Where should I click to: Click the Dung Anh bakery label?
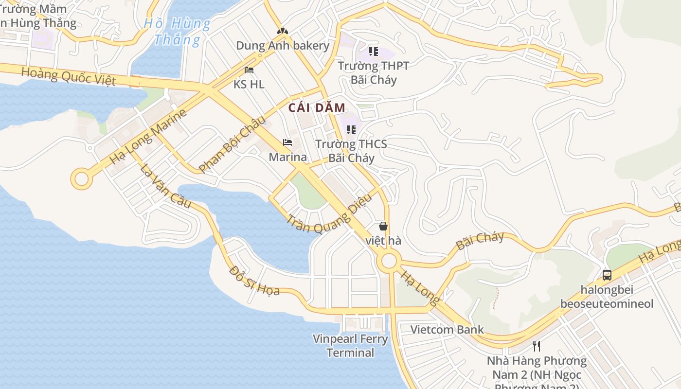point(283,46)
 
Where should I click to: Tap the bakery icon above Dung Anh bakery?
point(283,31)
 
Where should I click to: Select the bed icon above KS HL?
point(249,70)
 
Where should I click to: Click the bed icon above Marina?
point(287,142)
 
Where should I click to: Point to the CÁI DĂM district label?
point(317,108)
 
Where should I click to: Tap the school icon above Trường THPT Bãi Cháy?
point(373,51)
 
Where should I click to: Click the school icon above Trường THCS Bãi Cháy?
point(351,129)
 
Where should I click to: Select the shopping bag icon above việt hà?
point(383,226)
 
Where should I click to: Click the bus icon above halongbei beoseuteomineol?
point(607,275)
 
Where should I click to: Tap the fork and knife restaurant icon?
point(537,346)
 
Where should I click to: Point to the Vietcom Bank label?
point(447,330)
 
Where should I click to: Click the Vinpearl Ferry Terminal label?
point(350,346)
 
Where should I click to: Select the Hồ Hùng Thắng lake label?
point(178,31)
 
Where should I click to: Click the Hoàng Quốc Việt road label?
point(69,77)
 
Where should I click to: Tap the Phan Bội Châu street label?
point(233,144)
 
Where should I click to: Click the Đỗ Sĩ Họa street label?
point(254,281)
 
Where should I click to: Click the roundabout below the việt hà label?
point(389,262)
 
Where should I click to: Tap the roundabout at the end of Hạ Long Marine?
point(81,179)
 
